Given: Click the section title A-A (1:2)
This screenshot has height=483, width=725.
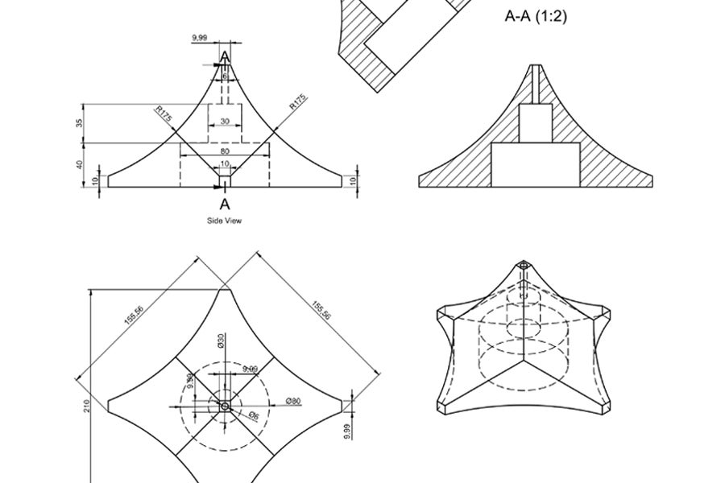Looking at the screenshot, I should (x=536, y=15).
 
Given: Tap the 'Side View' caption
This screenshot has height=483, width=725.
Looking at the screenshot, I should (x=224, y=220).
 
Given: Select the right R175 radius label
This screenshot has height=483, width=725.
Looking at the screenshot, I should (x=298, y=104).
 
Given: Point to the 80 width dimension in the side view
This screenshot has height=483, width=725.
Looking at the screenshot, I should (x=224, y=151).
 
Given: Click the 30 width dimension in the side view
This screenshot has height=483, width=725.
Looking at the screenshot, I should (x=224, y=122).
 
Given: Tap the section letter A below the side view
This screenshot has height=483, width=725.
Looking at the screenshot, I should (x=225, y=204).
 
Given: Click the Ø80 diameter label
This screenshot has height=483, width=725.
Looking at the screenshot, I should (x=293, y=400).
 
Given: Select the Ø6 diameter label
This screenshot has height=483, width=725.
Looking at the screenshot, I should (x=252, y=415).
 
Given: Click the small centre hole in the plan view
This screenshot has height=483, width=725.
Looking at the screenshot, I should (x=225, y=407).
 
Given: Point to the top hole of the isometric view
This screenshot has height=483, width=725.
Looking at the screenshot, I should (x=524, y=265).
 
